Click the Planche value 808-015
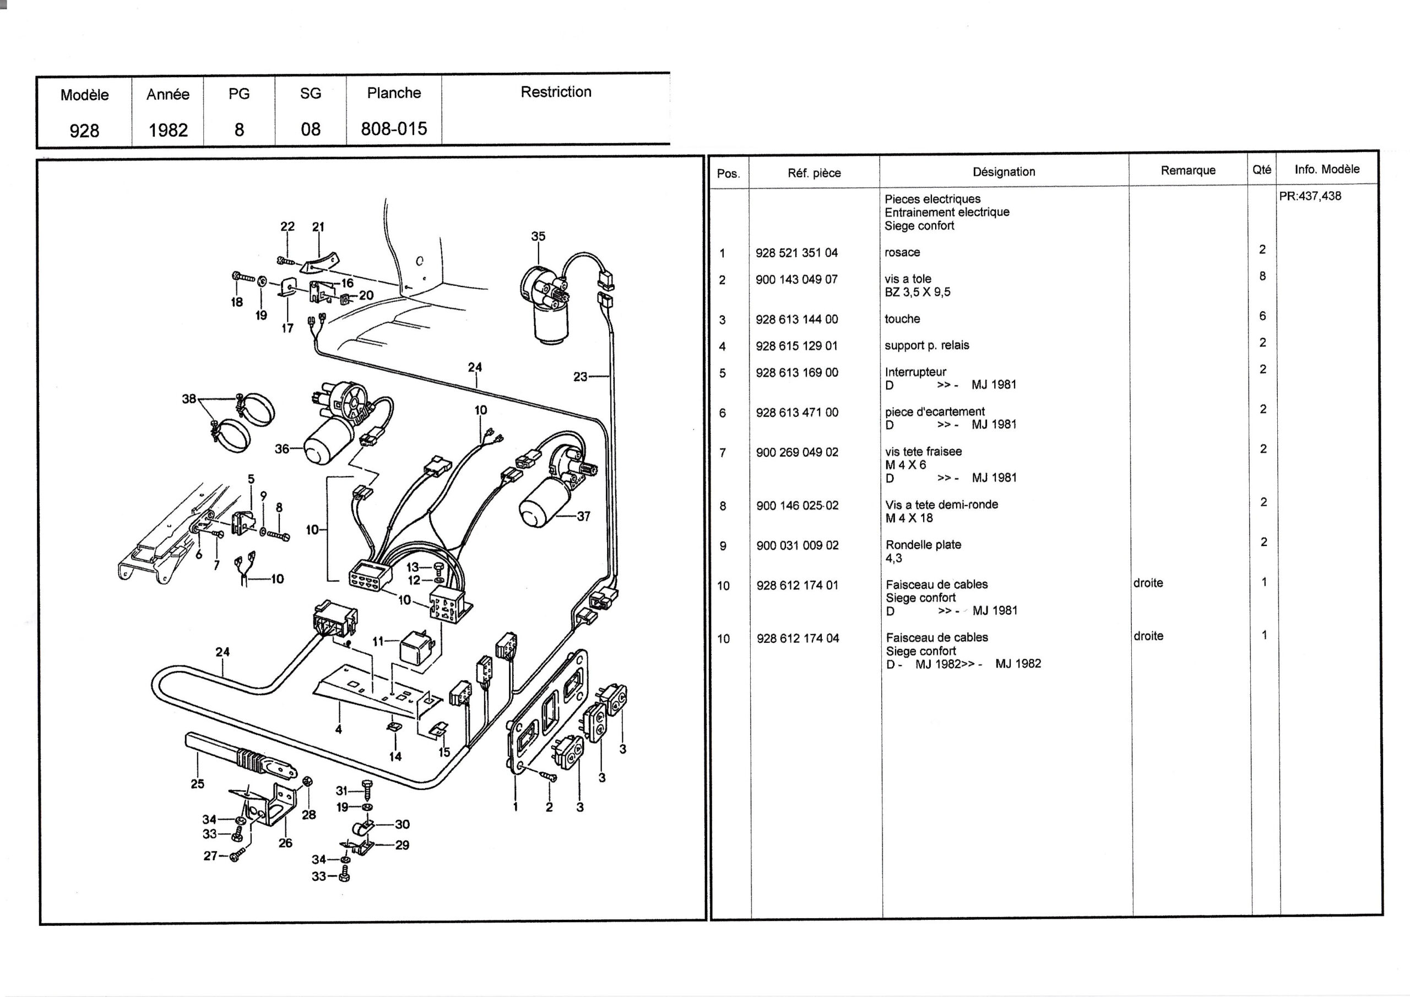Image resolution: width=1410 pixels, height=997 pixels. pyautogui.click(x=394, y=129)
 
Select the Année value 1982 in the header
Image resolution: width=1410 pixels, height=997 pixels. pyautogui.click(x=167, y=130)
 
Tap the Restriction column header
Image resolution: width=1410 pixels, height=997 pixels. pyautogui.click(x=556, y=92)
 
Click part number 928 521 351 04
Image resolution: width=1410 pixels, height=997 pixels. pyautogui.click(x=796, y=253)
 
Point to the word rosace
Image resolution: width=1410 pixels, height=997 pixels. pyautogui.click(x=902, y=252)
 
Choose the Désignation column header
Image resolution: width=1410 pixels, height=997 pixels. pyautogui.click(x=1004, y=172)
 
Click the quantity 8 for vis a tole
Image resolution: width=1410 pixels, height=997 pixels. pyautogui.click(x=1262, y=277)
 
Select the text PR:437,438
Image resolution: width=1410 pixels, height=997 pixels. pyautogui.click(x=1310, y=197)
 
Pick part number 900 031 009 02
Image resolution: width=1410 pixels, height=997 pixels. pyautogui.click(x=797, y=545)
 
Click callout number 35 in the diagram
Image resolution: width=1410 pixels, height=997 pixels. pyautogui.click(x=538, y=236)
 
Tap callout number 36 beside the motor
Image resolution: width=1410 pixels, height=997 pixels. pyautogui.click(x=281, y=449)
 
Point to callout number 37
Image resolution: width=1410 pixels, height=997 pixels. pyautogui.click(x=583, y=517)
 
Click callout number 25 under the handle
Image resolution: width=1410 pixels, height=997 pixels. pyautogui.click(x=197, y=784)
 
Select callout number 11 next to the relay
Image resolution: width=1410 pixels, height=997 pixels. pyautogui.click(x=378, y=641)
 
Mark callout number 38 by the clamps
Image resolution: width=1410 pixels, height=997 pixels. pyautogui.click(x=189, y=399)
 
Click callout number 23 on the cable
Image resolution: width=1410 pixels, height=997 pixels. pyautogui.click(x=580, y=377)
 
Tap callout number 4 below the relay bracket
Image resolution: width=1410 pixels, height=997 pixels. pyautogui.click(x=338, y=730)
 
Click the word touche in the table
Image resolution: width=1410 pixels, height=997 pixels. pyautogui.click(x=902, y=319)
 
